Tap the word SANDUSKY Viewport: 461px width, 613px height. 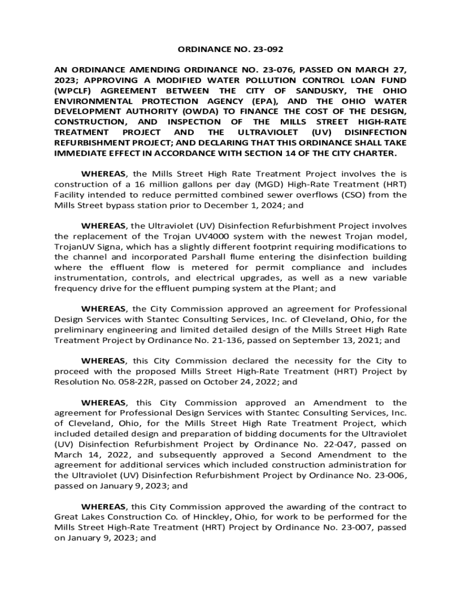(311, 90)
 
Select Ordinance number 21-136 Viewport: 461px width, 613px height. (242, 340)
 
